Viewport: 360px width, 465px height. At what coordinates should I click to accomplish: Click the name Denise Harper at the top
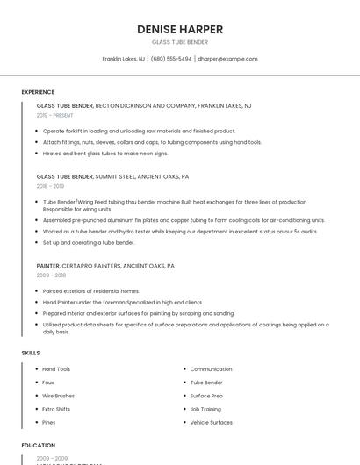coord(179,29)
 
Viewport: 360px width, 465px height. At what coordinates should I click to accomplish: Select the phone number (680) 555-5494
coord(170,59)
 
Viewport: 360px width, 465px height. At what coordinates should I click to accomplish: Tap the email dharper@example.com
coord(227,59)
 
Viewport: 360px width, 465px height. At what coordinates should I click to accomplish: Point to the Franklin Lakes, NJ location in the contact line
coord(124,59)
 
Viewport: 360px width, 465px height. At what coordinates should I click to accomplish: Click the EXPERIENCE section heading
coord(38,92)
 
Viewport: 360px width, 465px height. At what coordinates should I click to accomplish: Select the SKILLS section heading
coord(31,353)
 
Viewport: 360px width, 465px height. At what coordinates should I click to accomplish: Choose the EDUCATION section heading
coord(39,446)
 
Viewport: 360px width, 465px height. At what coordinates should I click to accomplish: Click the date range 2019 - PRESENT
coord(55,115)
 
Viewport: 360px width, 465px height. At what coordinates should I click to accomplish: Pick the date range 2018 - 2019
coord(50,186)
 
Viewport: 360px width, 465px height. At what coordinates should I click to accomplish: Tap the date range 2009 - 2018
coord(51,275)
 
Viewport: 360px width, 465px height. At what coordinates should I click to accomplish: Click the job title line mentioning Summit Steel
coord(112,176)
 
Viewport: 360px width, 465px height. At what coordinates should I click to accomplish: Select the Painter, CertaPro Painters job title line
coord(105,265)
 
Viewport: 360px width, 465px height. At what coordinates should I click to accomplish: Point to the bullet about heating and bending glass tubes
coord(104,153)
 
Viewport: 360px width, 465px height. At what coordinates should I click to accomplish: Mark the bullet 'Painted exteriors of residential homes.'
coord(90,290)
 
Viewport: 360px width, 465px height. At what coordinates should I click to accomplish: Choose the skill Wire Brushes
coord(58,396)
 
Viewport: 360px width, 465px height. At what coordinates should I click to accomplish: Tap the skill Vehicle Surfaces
coord(212,422)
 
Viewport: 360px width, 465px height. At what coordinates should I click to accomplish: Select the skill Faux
coord(48,383)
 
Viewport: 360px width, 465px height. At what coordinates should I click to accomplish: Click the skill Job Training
coord(206,409)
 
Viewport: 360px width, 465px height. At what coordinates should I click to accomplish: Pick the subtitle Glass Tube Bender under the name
coord(179,41)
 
